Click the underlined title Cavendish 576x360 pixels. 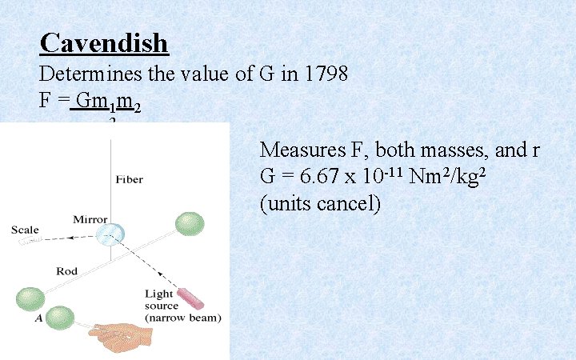104,42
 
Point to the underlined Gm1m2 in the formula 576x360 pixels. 106,104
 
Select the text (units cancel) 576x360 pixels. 320,203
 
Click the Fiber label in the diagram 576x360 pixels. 129,179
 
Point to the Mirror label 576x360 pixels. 90,219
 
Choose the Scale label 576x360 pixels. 25,230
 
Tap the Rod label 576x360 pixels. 66,271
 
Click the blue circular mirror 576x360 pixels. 110,233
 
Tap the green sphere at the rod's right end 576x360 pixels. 190,223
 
